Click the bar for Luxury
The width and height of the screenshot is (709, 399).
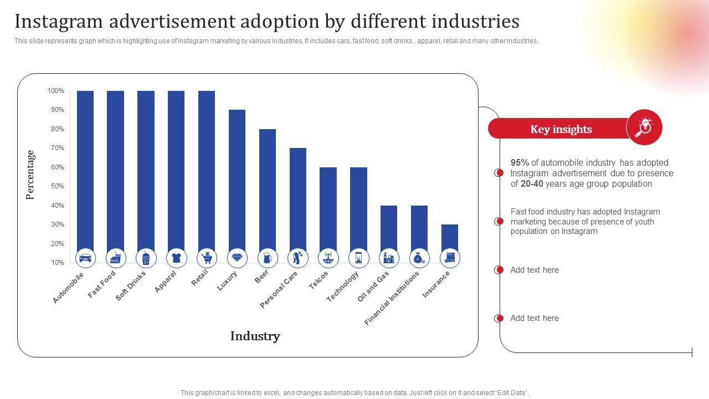click(x=237, y=177)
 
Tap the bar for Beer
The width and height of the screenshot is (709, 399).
click(x=268, y=188)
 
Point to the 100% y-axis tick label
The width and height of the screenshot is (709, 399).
click(x=55, y=91)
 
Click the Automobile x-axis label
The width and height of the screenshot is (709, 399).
click(x=69, y=287)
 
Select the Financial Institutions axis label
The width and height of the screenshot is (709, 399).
click(x=392, y=297)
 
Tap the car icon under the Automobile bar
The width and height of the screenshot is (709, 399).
click(x=85, y=258)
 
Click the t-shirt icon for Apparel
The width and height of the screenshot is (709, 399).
click(x=176, y=258)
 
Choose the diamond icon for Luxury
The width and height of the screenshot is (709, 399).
click(x=237, y=258)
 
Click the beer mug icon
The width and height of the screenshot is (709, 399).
click(x=268, y=258)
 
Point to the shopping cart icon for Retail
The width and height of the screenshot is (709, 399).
click(x=207, y=258)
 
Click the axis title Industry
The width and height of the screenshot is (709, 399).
click(x=255, y=336)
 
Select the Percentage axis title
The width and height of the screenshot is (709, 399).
click(x=30, y=175)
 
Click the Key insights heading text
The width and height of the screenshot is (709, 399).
click(x=561, y=129)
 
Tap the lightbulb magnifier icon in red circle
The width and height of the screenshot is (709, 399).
click(x=644, y=127)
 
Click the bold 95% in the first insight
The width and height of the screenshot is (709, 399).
click(x=520, y=163)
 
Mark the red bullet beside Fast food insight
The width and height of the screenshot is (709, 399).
click(x=500, y=222)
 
